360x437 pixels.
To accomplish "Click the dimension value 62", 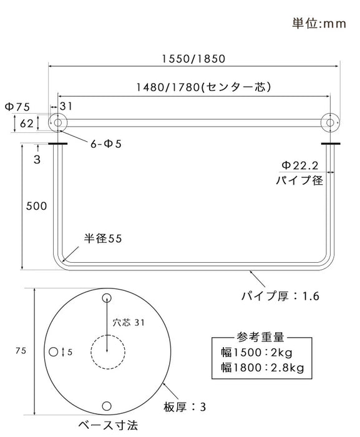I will click(26, 124).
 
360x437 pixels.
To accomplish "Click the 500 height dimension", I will click(36, 206).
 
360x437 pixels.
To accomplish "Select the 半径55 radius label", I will click(104, 239).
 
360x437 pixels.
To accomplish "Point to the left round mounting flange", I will click(57, 123).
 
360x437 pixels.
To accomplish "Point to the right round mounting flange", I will click(331, 123).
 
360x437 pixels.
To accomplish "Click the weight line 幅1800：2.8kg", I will click(263, 368).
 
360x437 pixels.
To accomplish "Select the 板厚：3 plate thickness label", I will click(185, 407).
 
